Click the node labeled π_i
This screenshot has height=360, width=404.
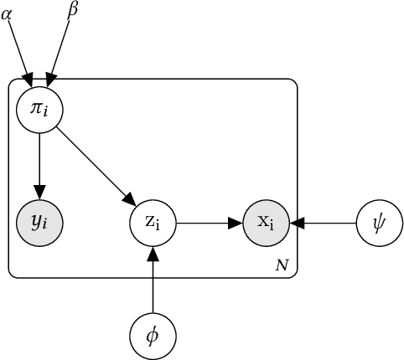(39, 110)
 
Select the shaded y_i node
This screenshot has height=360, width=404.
(39, 224)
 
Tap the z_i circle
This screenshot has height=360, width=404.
(153, 224)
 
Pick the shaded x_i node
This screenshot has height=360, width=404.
(266, 224)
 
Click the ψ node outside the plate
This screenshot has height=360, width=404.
(379, 224)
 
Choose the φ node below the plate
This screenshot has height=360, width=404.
(153, 337)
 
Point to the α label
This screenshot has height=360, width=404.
(7, 13)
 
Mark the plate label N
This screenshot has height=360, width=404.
(282, 265)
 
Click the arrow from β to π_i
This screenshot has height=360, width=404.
(60, 51)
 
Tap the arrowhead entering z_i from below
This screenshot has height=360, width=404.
(153, 254)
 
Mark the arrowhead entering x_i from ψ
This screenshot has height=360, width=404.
(296, 224)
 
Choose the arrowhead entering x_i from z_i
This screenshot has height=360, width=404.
(236, 224)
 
